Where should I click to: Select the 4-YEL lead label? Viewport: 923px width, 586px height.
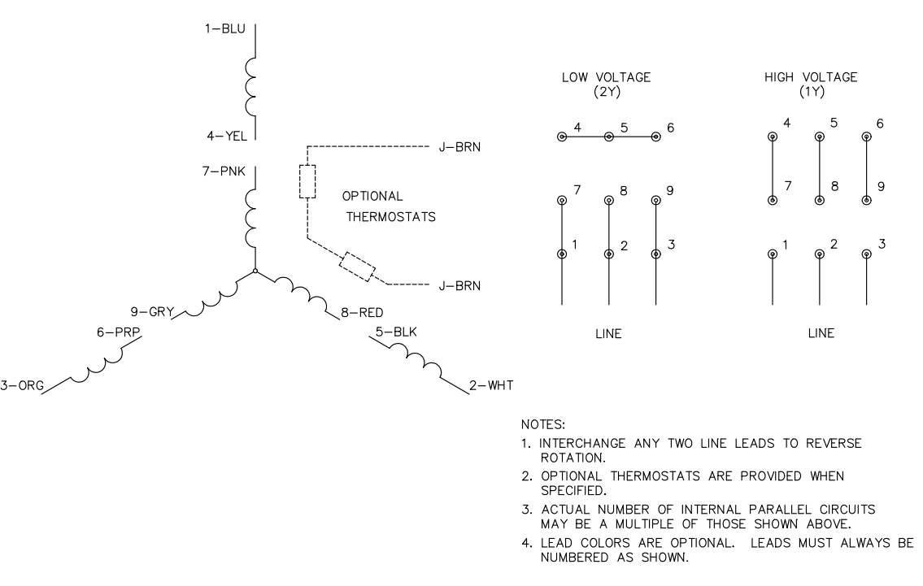click(222, 137)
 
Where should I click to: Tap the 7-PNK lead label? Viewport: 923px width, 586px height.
click(222, 173)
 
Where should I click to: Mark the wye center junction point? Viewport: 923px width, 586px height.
click(255, 271)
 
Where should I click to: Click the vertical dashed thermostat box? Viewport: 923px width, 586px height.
click(307, 181)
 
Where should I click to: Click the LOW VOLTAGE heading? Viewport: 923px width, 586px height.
click(607, 84)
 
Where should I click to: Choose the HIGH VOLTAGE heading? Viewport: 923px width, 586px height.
click(811, 84)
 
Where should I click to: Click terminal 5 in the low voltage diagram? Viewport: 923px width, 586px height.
click(609, 137)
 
